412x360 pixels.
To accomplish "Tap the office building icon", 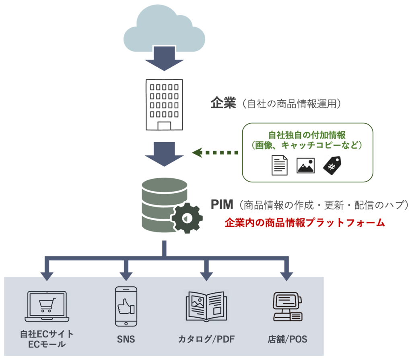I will pos(164,104).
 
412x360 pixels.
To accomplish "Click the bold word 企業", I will pos(222,103).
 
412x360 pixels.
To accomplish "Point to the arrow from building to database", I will pos(164,154).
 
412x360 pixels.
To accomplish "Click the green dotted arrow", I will pos(215,153).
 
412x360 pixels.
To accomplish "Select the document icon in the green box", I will pos(280,165).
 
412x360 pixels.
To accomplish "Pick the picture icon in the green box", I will pos(306,165).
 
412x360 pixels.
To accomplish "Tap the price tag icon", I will pos(332,165).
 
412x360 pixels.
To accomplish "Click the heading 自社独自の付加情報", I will pos(307,135).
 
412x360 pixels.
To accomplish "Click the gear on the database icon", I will pos(186,217).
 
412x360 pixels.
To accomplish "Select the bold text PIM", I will pos(222,205).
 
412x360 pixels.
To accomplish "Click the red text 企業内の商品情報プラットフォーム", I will pos(305,223).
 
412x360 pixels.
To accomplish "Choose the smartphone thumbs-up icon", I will pos(126,306).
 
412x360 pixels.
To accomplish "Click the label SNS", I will pos(126,339).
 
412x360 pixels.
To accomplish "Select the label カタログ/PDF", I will pos(206,339).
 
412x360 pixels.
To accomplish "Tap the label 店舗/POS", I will pos(287,339).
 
